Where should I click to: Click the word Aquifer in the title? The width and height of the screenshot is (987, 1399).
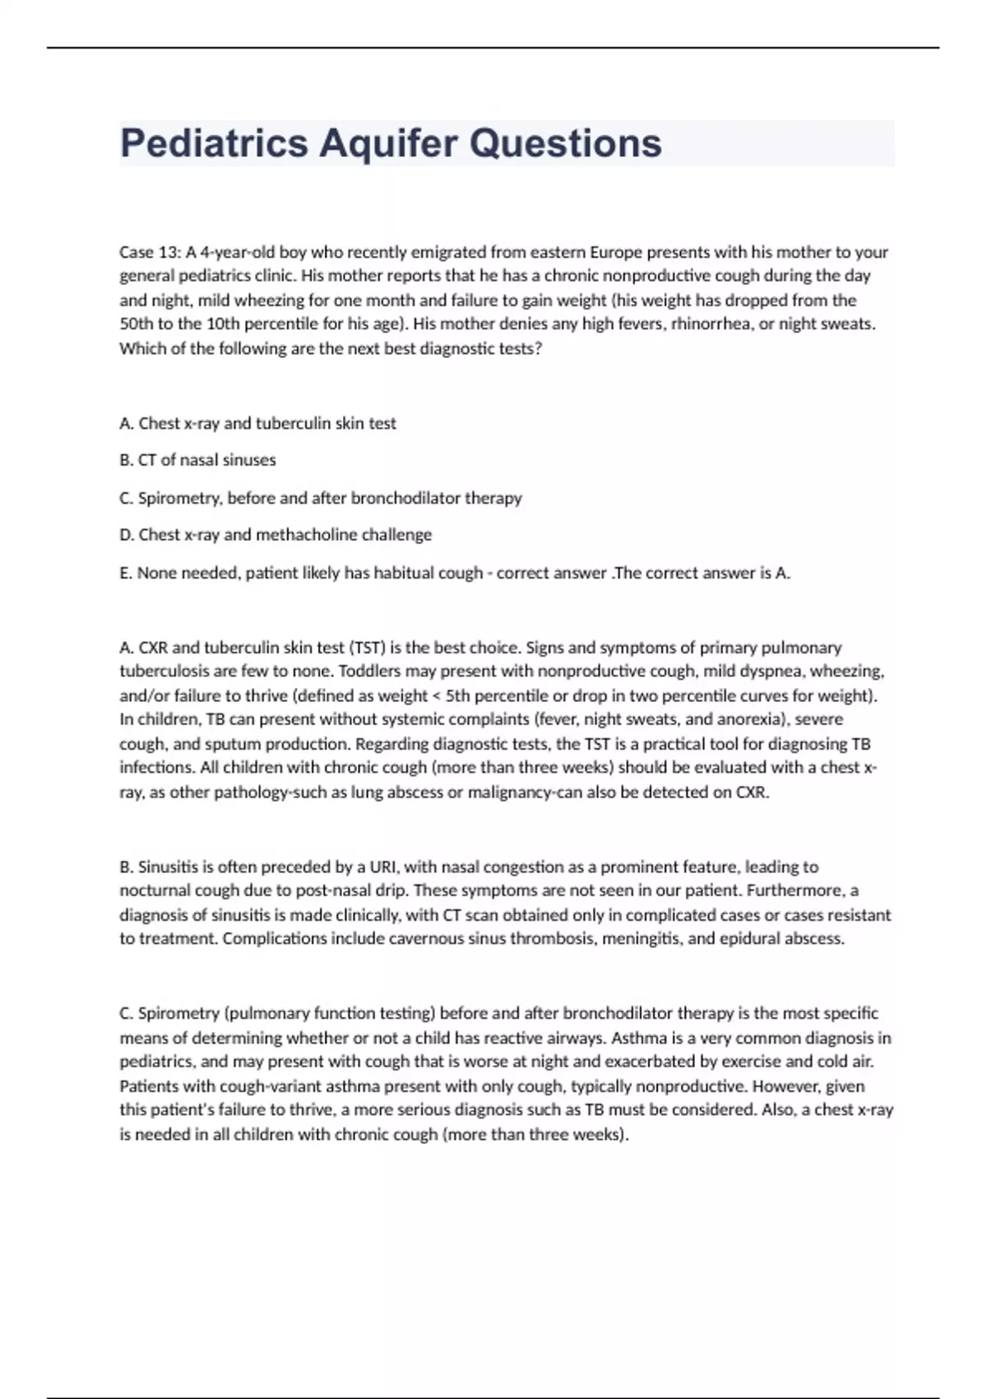coord(388,143)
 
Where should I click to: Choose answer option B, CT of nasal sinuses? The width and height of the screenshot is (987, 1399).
coord(197,460)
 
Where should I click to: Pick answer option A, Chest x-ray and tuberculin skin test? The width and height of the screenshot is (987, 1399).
coord(257,423)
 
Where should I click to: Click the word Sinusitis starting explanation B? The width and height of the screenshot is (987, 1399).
coord(170,867)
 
